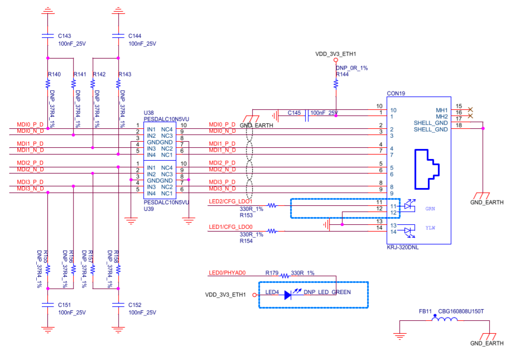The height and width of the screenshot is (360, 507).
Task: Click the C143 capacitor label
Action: coord(64,35)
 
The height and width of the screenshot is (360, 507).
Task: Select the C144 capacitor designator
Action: coord(135,35)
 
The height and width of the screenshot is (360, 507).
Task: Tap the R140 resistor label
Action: coord(54,74)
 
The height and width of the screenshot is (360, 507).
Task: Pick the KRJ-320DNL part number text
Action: coord(403,246)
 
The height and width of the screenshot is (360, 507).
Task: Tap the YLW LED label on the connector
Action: coord(431,228)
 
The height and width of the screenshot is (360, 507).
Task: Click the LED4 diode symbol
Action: coord(288,295)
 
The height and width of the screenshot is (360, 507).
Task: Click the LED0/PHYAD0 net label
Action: coord(227,273)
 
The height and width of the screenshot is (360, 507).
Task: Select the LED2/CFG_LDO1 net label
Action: coord(230,201)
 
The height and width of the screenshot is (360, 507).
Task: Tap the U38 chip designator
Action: coord(149,113)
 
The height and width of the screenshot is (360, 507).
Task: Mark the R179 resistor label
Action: coord(272,273)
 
